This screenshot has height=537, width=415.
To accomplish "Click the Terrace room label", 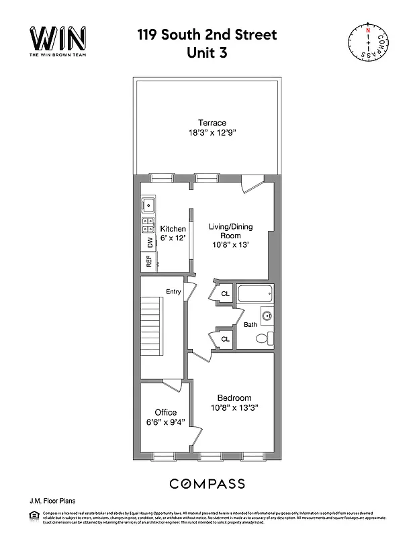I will click(212, 123).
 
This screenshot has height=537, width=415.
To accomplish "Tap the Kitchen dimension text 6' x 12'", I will click(173, 238).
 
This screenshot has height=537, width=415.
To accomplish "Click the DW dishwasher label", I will click(149, 243).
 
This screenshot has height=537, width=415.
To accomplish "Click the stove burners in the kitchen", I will click(148, 225).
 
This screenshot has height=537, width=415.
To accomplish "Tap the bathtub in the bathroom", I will click(256, 294).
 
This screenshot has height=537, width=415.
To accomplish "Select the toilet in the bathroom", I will click(267, 338).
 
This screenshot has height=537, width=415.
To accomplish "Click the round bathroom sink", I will click(267, 315).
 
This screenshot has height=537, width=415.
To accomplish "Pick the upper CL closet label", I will click(226, 294).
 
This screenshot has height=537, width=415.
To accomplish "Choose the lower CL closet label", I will click(226, 339).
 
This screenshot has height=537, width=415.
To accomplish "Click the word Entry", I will click(173, 291).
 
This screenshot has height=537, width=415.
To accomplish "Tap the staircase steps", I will click(153, 328).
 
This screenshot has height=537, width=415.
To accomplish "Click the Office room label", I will click(165, 412).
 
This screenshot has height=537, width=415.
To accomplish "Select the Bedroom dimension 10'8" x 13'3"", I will click(234, 407).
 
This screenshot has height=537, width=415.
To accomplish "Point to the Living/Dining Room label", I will click(230, 236).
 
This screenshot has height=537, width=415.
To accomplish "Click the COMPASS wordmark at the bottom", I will click(207, 483).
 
